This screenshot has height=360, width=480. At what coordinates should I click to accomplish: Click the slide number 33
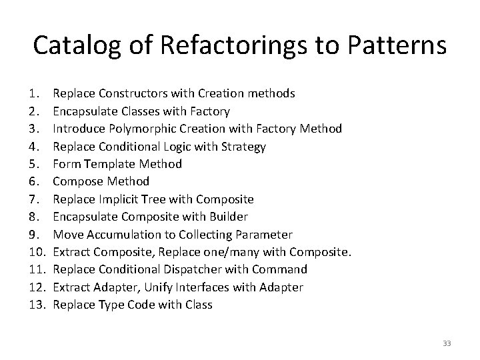coord(447,343)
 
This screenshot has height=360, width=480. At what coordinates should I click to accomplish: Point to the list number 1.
coord(35,93)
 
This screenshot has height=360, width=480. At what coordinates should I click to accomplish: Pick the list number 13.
coord(38,305)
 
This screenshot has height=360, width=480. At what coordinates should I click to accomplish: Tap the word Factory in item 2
coord(210,111)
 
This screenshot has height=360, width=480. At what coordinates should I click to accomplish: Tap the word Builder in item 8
coord(227,217)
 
